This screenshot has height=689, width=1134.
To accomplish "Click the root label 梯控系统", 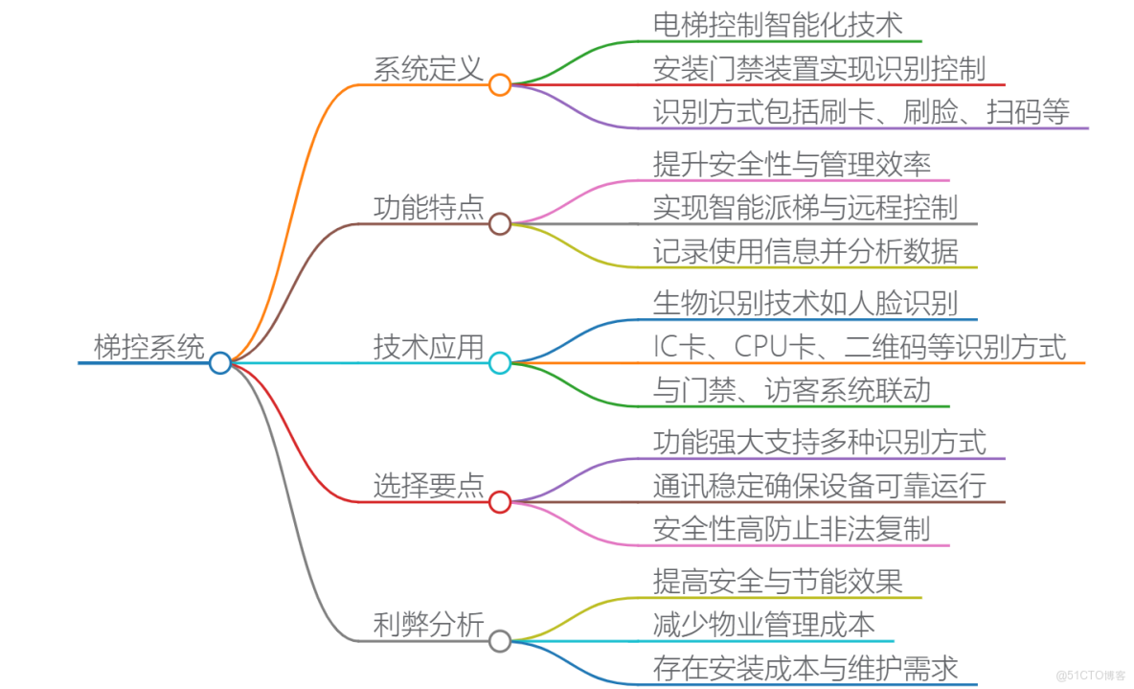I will coord(148,346).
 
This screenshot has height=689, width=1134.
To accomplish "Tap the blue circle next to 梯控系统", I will coord(219,362).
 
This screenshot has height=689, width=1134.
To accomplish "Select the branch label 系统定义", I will coord(428,68).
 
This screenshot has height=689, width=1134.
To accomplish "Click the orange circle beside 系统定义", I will coord(499,84).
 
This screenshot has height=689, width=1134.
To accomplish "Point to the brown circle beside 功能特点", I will coord(499,224).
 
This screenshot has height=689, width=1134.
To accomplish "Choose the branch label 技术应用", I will coord(428,347).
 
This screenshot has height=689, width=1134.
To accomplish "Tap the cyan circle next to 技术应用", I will coord(499,363).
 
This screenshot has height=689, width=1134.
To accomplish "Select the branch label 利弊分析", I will coord(428,625).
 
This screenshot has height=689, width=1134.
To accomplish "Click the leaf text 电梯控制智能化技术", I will coord(778,24).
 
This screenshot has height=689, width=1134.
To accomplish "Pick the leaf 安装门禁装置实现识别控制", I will coord(819,68).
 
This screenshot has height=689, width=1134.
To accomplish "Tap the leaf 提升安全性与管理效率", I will coord(792,164).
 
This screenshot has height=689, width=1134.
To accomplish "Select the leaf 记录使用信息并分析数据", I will coord(805,251).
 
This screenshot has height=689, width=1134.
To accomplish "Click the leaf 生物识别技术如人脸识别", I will coord(805,304).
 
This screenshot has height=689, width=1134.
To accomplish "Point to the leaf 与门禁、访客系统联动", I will coord(791,390).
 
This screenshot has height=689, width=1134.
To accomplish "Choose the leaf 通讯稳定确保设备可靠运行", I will coord(819,486).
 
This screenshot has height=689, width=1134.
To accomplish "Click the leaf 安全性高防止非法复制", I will coord(791,529).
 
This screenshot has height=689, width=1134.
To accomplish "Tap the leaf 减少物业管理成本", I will coord(763,625).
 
